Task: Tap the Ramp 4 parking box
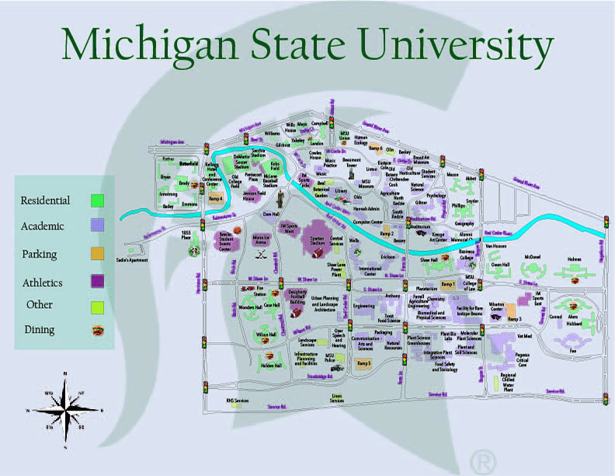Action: coord(215,199)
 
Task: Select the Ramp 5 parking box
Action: coord(364,363)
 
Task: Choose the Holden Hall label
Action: coord(271,365)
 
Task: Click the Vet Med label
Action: coord(523,337)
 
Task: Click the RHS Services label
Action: coord(237,401)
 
